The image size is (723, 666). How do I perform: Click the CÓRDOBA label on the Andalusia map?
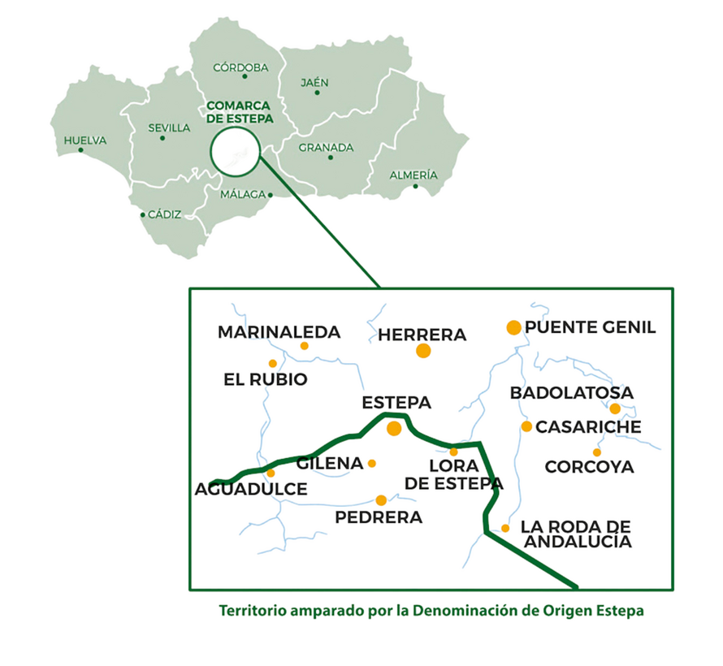[240, 68]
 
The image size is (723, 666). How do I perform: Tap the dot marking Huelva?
[80, 150]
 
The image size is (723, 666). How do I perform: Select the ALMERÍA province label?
[413, 175]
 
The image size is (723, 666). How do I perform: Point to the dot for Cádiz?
[143, 215]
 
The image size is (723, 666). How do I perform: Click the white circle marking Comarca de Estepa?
[234, 154]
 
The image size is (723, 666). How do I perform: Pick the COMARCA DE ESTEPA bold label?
[240, 112]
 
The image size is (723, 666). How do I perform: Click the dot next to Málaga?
[271, 195]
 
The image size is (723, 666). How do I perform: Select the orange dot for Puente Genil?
[513, 327]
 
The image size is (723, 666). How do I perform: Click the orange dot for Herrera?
[423, 351]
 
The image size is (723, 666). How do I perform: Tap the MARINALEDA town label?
[279, 332]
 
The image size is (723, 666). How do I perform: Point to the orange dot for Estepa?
[394, 428]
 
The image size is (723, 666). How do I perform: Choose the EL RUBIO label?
[266, 379]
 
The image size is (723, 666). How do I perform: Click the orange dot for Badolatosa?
[615, 409]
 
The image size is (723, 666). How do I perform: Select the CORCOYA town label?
[589, 467]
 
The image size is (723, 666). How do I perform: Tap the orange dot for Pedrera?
[381, 500]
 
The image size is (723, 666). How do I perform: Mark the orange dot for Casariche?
[526, 426]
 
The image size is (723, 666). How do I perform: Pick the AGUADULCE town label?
[251, 489]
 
